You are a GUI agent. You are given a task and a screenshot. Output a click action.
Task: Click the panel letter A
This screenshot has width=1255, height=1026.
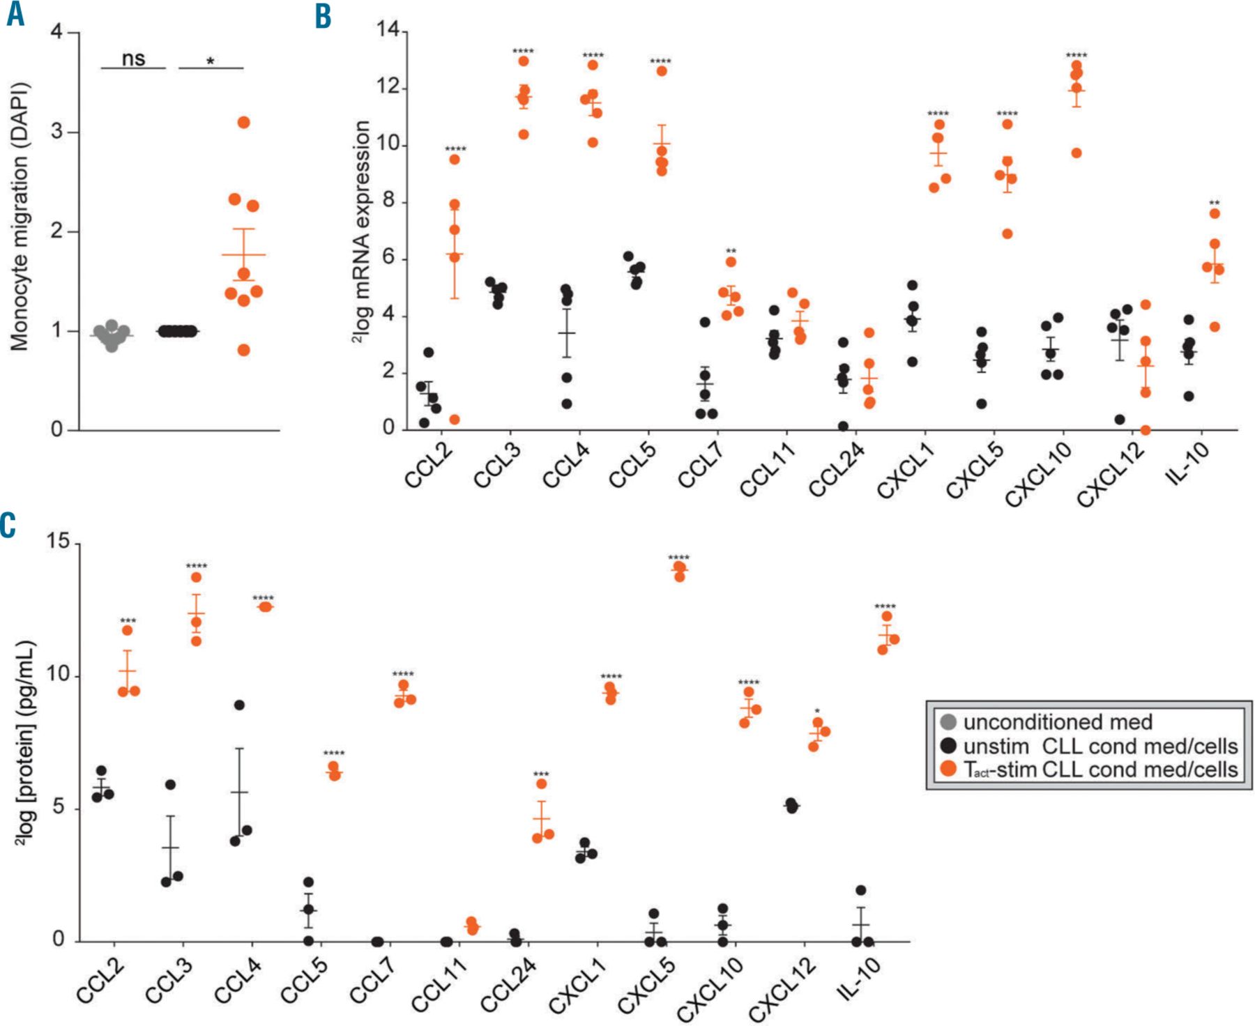(15, 15)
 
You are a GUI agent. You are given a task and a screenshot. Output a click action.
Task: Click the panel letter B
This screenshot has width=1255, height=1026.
(323, 16)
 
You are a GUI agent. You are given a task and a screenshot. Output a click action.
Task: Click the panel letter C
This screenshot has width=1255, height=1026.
(8, 524)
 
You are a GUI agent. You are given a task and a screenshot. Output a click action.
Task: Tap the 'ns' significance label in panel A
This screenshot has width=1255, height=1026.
(133, 59)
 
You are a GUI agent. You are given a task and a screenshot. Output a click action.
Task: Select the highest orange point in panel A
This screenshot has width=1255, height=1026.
(243, 123)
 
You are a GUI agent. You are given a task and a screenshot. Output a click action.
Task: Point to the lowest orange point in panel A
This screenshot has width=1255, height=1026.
(243, 350)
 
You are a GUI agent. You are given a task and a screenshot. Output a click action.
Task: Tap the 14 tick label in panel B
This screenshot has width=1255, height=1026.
(388, 30)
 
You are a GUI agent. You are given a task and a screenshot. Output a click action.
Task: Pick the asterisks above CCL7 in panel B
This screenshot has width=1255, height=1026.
(731, 251)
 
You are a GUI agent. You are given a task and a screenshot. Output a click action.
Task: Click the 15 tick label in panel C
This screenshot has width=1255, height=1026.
(59, 542)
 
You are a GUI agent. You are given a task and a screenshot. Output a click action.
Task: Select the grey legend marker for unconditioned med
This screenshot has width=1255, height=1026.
(948, 722)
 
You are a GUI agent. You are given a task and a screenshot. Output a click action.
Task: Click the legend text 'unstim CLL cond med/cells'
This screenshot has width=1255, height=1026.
(1100, 746)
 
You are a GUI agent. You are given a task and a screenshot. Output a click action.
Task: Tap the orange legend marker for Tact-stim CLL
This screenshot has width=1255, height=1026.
(948, 769)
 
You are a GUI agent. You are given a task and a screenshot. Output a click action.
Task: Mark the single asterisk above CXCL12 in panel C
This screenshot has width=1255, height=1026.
(817, 712)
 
